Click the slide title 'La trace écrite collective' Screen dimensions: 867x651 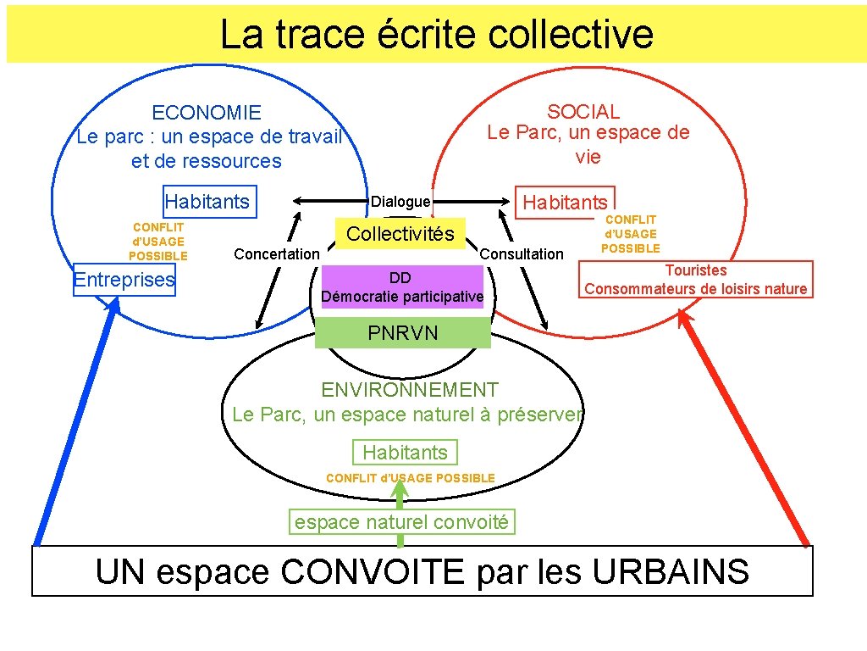coord(436,35)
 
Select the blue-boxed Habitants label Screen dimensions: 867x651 coord(208,202)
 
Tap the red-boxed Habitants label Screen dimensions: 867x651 coord(565,202)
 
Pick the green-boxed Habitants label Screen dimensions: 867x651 coord(405,453)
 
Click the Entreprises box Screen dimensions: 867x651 coord(124,280)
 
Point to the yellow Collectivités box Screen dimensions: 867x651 coord(400,234)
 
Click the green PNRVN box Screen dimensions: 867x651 coord(402,333)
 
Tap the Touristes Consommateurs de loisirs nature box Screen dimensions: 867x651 coord(695,280)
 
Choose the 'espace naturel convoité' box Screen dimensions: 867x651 coord(401,522)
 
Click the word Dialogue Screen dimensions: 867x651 coord(400,202)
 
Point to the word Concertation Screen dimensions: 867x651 coord(277,254)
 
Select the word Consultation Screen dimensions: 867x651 coord(522,254)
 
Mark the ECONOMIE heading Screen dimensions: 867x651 coord(207,113)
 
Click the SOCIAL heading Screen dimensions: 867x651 coord(583,111)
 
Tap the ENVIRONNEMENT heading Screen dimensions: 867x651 coord(410,390)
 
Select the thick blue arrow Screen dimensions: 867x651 coord(74,424)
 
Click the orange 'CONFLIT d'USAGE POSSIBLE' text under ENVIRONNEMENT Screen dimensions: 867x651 coord(410,478)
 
